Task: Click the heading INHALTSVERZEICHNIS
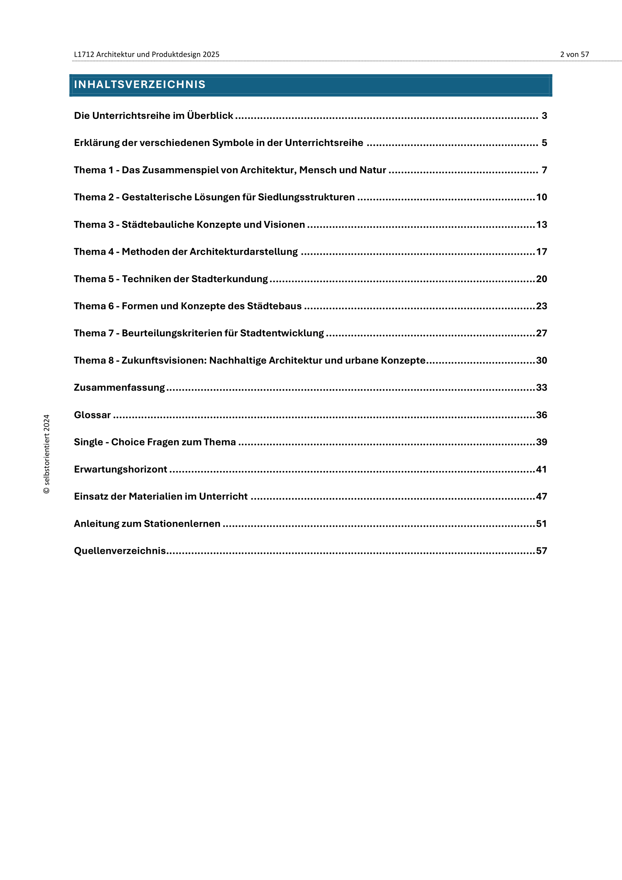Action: click(x=140, y=84)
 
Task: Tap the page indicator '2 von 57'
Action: click(x=574, y=55)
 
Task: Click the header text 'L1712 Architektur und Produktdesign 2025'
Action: click(x=146, y=55)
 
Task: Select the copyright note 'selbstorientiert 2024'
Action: click(x=46, y=454)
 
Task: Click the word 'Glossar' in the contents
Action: click(x=92, y=415)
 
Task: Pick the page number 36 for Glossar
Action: click(x=541, y=415)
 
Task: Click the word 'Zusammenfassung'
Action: click(x=119, y=388)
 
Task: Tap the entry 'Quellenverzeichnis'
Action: click(x=120, y=551)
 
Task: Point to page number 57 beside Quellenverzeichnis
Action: click(x=541, y=551)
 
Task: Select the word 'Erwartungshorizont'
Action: click(x=120, y=469)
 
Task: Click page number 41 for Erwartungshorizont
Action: click(x=541, y=469)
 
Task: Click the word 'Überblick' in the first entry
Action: click(x=210, y=116)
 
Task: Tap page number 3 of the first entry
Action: click(x=544, y=116)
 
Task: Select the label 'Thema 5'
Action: click(x=94, y=279)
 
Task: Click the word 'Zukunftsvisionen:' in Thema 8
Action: click(x=164, y=360)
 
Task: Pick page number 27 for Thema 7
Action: click(x=541, y=333)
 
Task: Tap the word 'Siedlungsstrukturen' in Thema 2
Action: click(x=306, y=197)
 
